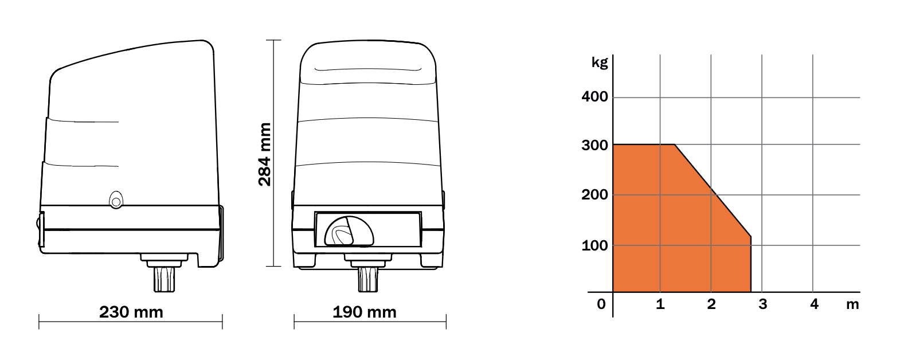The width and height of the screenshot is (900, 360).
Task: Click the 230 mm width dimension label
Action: pos(131,312)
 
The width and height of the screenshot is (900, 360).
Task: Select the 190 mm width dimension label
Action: pos(365,312)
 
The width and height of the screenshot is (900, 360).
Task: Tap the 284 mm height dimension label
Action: pos(265,155)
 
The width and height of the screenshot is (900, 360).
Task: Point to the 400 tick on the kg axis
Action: pos(594,97)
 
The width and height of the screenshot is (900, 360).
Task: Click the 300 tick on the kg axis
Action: pos(594,146)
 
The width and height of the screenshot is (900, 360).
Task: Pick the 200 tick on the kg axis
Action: pos(594,195)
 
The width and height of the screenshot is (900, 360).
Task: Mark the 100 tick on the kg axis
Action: pos(594,245)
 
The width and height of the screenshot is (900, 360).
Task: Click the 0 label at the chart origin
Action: pos(601,304)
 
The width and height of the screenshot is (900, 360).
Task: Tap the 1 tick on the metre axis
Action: pos(660,304)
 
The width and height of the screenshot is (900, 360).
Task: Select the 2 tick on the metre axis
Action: pos(711,304)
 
